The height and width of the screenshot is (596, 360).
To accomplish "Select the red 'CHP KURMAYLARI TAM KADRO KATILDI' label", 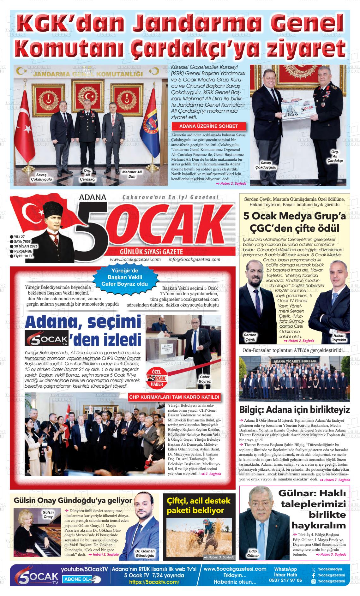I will click(174, 397).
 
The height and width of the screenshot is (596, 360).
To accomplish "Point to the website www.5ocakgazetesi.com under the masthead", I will click(135, 259).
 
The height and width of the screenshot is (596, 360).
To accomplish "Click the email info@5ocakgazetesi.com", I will click(194, 259).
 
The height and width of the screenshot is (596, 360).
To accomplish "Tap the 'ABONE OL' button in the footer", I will click(81, 579).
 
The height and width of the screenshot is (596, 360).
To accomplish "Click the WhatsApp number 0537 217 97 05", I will click(285, 580).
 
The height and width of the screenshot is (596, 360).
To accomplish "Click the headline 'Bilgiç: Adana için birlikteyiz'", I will click(294, 410).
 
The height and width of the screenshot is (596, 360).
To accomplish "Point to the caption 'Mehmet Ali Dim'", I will click(132, 174).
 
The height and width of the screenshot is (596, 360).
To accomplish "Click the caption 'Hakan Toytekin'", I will click(339, 337).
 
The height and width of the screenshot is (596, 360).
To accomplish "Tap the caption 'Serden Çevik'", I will click(250, 337).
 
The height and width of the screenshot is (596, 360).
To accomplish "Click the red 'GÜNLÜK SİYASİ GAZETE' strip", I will click(151, 252).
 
